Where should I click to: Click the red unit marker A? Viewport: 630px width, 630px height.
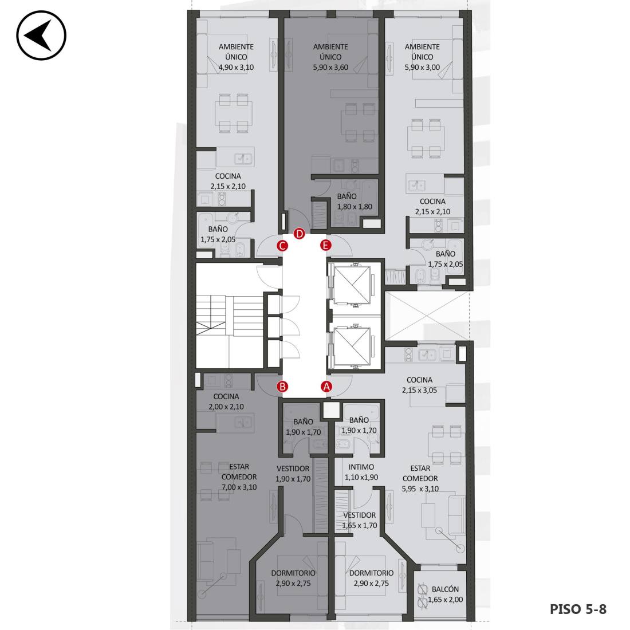[326, 387]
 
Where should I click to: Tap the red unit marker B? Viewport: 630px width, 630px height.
[282, 387]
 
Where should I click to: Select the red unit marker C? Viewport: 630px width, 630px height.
[282, 246]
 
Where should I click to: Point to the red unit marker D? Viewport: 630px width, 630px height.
[300, 234]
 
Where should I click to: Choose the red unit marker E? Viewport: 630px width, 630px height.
[325, 245]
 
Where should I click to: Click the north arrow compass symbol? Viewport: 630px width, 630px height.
[41, 36]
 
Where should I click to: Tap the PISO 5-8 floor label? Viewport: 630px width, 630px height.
[578, 609]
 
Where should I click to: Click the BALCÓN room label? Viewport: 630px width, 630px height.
[445, 589]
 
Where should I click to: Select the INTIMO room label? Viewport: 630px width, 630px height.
[361, 467]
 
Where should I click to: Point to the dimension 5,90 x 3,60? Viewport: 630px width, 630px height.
[330, 68]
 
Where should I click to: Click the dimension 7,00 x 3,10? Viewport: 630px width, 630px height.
[239, 487]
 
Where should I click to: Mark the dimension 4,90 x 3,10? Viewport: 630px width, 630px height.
[236, 68]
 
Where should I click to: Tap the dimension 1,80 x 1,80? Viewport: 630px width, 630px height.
[355, 207]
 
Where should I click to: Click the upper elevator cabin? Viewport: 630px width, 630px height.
[352, 285]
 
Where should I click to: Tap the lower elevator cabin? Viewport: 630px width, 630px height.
[352, 346]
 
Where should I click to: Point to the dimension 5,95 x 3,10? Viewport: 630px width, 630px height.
[420, 489]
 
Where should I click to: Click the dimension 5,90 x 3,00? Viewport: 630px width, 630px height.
[422, 68]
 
